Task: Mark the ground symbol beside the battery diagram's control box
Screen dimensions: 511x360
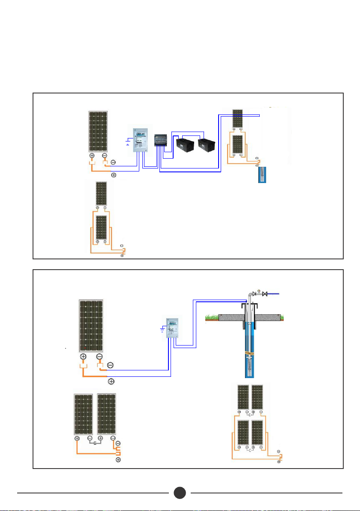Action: (x=126, y=141)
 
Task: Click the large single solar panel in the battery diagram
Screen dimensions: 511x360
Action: (x=98, y=131)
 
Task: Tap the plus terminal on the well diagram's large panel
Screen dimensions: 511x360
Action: (x=83, y=357)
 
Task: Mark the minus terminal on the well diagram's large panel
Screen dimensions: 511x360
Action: (x=99, y=357)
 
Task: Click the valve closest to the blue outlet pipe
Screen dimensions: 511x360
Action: (x=265, y=294)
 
